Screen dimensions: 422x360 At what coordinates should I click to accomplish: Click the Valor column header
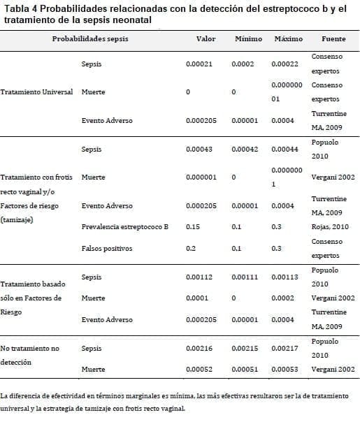[x=206, y=38]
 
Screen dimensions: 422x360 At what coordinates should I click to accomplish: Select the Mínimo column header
[x=248, y=38]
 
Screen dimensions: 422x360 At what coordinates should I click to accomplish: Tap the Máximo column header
[x=289, y=38]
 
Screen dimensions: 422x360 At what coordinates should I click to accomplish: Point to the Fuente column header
[x=333, y=38]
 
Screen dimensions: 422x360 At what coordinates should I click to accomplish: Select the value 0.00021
[x=199, y=64]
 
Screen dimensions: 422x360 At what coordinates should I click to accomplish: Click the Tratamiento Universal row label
[x=37, y=92]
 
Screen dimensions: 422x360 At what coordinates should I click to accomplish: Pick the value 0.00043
[x=199, y=150]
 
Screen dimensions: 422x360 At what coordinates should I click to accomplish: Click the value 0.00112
[x=199, y=277]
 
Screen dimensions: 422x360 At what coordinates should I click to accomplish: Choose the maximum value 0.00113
[x=285, y=277]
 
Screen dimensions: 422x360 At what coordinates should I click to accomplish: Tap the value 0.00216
[x=199, y=347]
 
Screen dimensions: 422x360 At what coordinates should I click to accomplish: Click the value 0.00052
[x=199, y=369]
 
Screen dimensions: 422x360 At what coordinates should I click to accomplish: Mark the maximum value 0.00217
[x=285, y=347]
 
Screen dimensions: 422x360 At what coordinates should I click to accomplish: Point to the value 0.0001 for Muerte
[x=197, y=298]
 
